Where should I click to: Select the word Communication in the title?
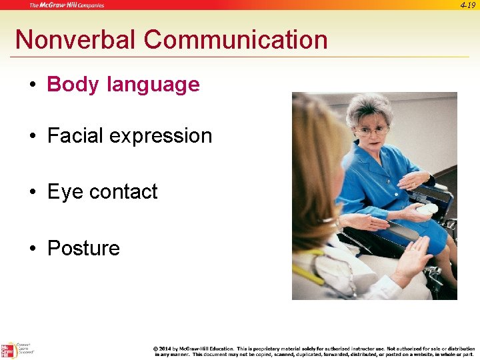point(235,40)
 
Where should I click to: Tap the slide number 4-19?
point(467,5)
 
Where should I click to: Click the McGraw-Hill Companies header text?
point(67,5)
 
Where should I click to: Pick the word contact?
point(123,192)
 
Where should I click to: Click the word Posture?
point(83,248)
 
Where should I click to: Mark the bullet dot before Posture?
point(32,249)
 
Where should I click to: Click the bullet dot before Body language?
point(32,85)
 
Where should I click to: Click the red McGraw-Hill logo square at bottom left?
point(8,351)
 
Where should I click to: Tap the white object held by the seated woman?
point(427,209)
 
